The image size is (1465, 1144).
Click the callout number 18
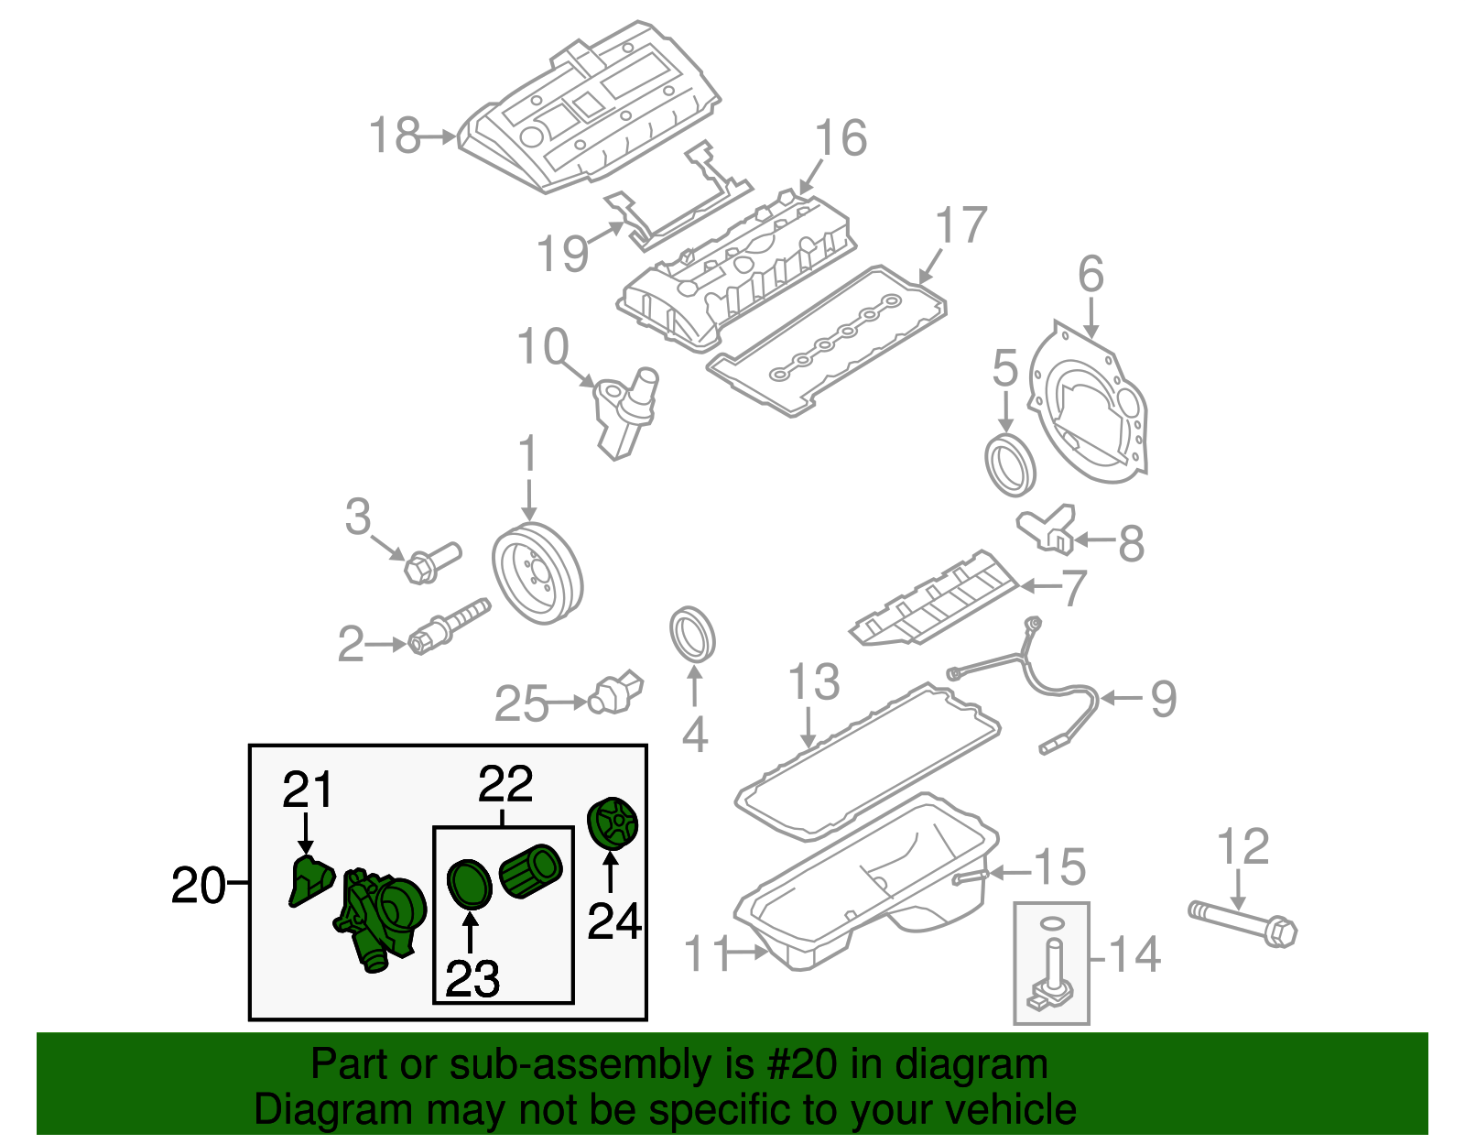395,136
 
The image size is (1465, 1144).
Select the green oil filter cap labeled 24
612,823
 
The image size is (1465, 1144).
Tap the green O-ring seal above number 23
470,883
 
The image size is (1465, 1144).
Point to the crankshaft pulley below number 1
537,573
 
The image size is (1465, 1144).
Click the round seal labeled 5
1011,465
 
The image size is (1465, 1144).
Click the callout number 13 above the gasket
813,682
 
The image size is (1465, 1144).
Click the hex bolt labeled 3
430,562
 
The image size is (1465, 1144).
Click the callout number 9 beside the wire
1163,699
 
